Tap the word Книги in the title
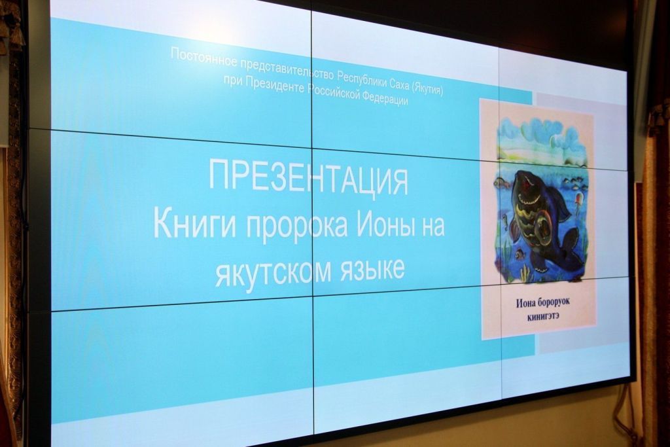(x=194, y=224)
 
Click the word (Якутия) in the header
(x=427, y=88)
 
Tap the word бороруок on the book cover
(x=554, y=302)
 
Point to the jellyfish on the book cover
(x=578, y=200)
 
